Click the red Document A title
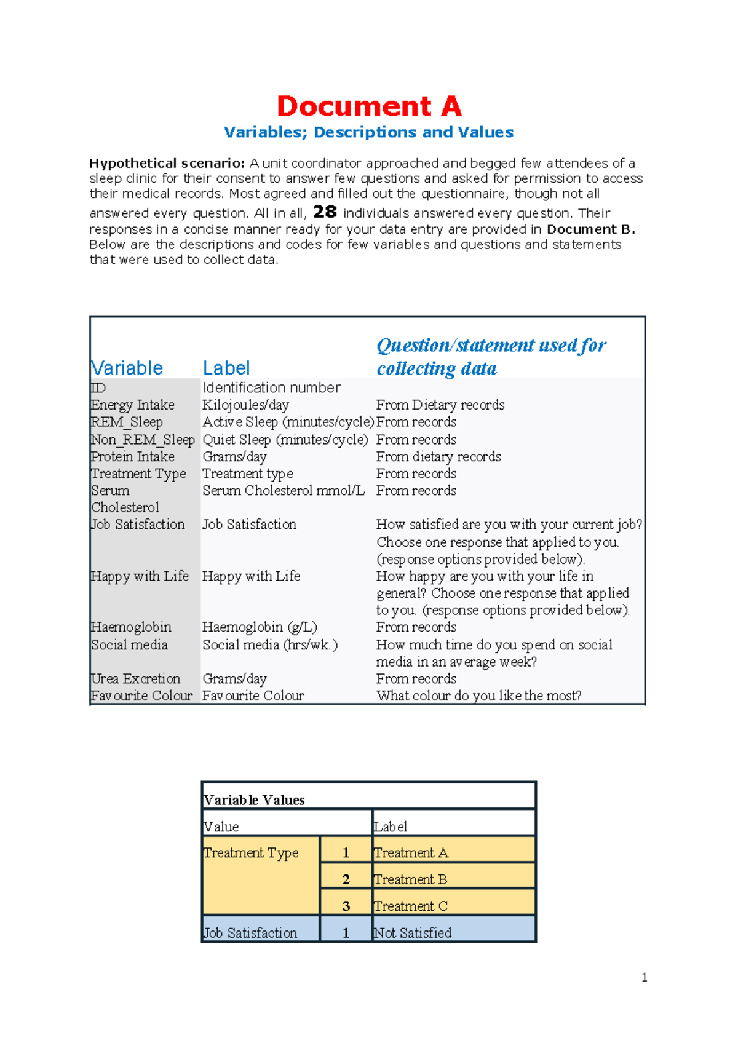369,106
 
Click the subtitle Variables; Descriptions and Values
368,132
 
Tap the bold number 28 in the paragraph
325,212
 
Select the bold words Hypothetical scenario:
167,163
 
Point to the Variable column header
127,368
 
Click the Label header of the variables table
226,368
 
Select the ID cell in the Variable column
98,388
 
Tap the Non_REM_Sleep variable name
143,440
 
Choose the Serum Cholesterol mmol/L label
284,491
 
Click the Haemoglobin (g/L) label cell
260,627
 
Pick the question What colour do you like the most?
478,696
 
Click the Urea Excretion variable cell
135,679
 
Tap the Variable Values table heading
254,800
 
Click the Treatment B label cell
410,879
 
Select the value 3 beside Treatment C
346,906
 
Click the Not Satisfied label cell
413,933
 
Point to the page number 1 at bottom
644,977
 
